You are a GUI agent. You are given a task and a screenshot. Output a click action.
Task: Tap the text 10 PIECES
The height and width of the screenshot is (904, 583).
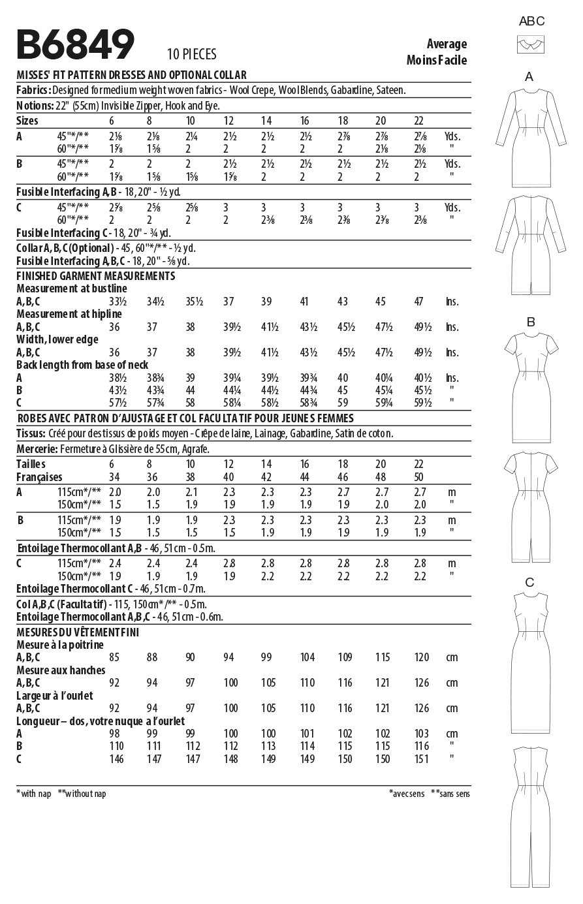pyautogui.click(x=191, y=54)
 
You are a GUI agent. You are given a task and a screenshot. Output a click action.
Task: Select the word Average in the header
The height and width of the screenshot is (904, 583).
pyautogui.click(x=447, y=44)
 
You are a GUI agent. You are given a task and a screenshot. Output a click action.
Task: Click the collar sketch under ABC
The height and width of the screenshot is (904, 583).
pyautogui.click(x=531, y=44)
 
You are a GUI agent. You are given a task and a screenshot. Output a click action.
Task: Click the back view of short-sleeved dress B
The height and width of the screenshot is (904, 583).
pyautogui.click(x=530, y=507)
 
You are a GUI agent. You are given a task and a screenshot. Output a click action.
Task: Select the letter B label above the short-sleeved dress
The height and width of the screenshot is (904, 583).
pyautogui.click(x=531, y=321)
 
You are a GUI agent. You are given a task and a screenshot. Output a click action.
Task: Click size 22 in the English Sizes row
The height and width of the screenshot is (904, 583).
pyautogui.click(x=419, y=121)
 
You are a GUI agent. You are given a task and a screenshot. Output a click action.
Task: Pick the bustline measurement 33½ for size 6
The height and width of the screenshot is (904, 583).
pyautogui.click(x=117, y=302)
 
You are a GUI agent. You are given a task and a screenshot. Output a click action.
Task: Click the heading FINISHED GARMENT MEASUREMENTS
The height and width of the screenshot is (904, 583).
pyautogui.click(x=95, y=276)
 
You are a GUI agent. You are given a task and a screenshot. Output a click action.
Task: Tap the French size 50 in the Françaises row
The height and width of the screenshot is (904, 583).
pyautogui.click(x=419, y=477)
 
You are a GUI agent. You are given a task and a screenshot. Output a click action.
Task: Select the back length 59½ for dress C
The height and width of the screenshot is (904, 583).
pyautogui.click(x=422, y=403)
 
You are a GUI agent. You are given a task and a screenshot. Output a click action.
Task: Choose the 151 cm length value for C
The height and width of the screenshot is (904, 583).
pyautogui.click(x=421, y=758)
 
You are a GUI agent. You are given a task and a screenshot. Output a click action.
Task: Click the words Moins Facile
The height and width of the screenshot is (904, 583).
pyautogui.click(x=436, y=60)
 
